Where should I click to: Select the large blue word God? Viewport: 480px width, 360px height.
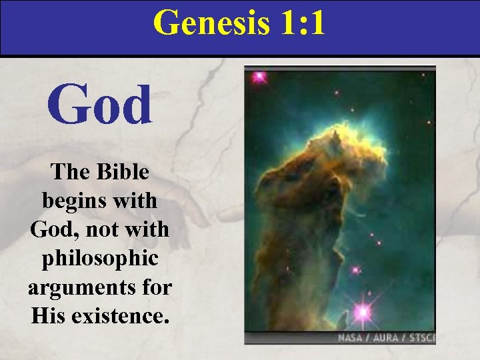coord(100,105)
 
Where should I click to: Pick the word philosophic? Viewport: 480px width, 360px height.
coord(100,258)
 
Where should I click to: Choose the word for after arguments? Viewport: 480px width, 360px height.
coord(157,287)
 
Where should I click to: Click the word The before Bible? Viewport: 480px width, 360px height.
coord(72,172)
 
